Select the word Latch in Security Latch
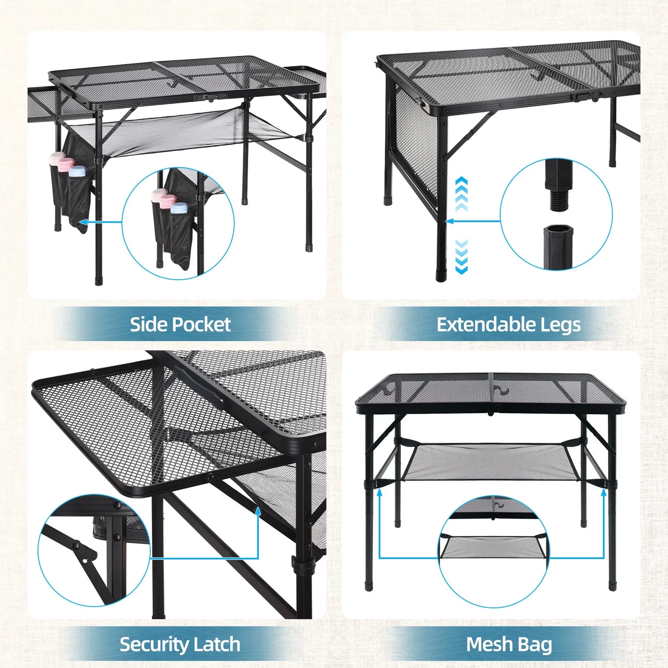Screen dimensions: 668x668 click(216, 644)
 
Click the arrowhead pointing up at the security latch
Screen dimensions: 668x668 click(258, 510)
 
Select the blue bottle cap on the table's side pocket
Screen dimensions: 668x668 click(77, 171)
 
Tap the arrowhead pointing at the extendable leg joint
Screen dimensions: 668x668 click(449, 221)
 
